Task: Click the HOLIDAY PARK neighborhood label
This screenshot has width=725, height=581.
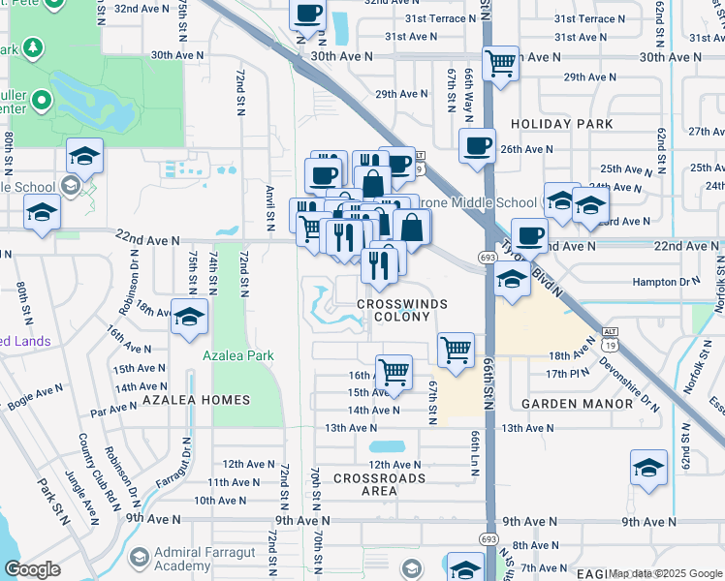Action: point(561,124)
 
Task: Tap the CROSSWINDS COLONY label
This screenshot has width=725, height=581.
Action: point(401,310)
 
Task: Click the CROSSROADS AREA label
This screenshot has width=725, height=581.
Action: point(379,485)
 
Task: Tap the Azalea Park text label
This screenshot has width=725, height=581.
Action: point(237,355)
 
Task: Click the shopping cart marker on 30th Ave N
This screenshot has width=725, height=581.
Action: point(500,63)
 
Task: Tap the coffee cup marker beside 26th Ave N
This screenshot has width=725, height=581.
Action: point(476,145)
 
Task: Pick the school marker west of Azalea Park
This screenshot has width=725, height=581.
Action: point(189,316)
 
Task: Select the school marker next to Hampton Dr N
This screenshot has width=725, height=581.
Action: point(511,281)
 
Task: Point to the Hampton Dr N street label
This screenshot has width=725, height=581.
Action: point(665,281)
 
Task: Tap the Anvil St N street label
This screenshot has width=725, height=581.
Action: point(271,208)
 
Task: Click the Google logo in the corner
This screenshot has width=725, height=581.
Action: point(32,568)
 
